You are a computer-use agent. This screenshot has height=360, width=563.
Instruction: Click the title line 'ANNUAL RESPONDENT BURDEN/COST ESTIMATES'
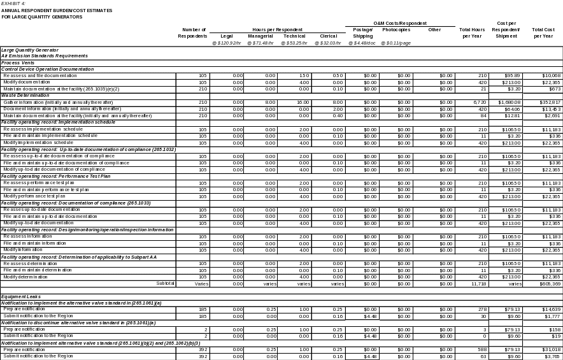57,11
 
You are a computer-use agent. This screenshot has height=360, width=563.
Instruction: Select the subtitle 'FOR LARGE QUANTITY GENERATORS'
41,17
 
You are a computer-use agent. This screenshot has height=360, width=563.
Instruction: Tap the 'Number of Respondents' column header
194,32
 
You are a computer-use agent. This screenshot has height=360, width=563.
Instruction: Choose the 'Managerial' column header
261,36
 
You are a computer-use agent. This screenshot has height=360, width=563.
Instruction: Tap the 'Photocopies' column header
396,29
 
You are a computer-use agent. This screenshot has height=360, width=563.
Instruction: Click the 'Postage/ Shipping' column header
362,32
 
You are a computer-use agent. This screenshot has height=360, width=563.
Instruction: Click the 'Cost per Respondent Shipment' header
506,32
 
